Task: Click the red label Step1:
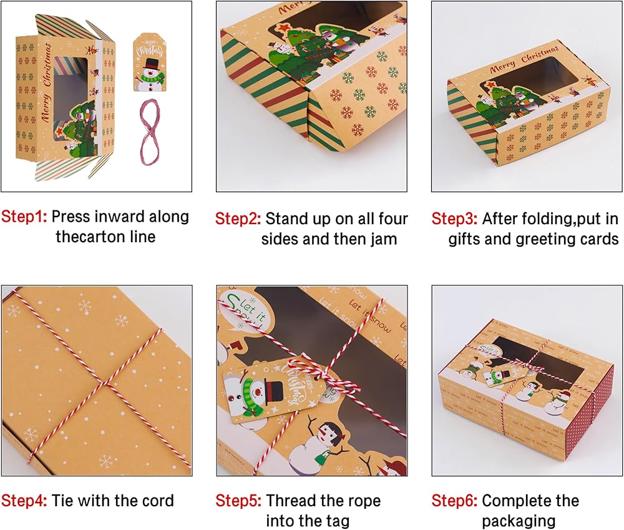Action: tap(24, 217)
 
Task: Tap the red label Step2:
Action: tap(238, 219)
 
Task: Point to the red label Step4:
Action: tap(24, 501)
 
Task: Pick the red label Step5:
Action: tap(238, 501)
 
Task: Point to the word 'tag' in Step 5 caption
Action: tap(337, 521)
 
